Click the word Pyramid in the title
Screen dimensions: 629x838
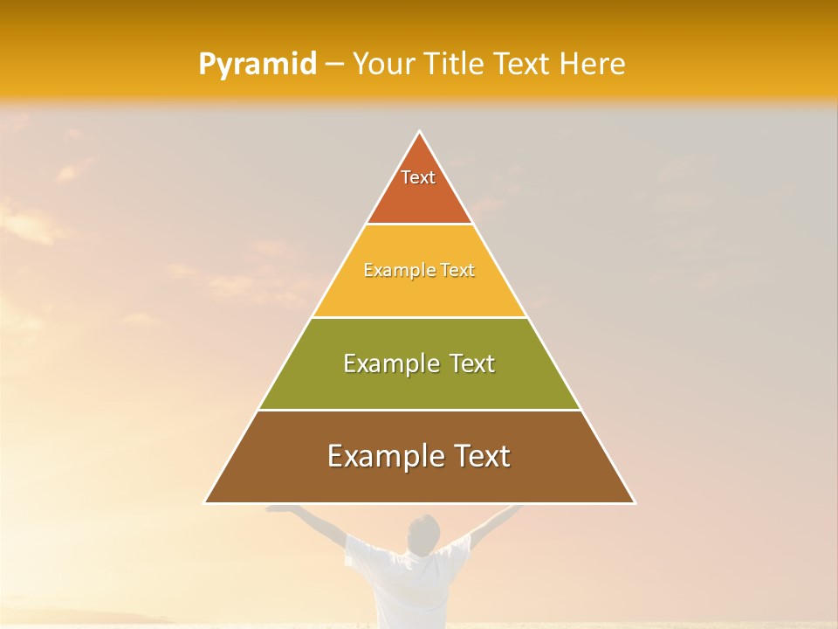click(257, 65)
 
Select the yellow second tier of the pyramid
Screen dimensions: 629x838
click(419, 293)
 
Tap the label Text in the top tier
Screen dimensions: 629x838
click(418, 177)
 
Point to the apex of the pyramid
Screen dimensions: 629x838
click(420, 132)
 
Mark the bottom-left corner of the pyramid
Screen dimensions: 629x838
click(206, 502)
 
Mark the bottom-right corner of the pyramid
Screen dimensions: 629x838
click(634, 502)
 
